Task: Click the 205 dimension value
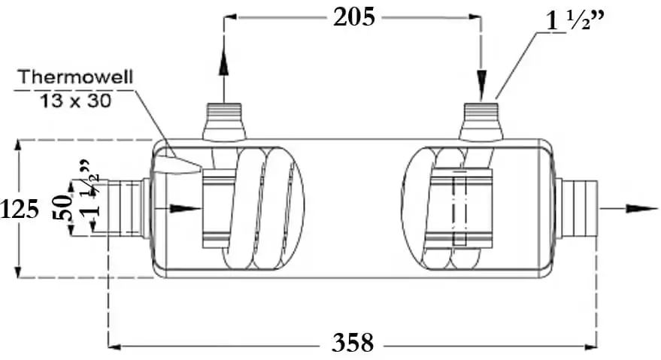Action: pos(353,18)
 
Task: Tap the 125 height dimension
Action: pos(20,209)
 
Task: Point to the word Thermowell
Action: pos(76,77)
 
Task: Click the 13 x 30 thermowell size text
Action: pos(76,101)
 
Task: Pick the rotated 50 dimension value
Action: pos(62,207)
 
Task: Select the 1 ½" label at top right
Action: pos(576,20)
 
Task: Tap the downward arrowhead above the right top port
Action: pos(481,86)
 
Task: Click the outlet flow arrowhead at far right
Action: pos(641,208)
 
